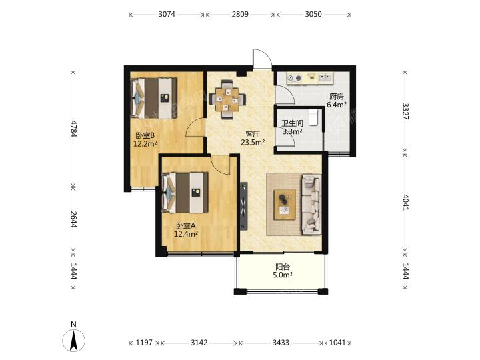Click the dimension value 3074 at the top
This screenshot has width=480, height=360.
(167, 14)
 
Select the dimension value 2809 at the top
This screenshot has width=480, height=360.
(240, 14)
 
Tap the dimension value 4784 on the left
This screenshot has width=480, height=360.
(73, 128)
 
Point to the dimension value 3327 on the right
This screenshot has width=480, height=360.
(405, 111)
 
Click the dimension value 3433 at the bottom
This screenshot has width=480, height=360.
(281, 342)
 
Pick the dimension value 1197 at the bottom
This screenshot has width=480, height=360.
(144, 342)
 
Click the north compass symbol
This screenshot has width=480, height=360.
(73, 337)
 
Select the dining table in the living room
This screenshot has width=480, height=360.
(227, 99)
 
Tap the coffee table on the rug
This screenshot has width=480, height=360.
(285, 205)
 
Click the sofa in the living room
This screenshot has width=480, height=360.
(311, 204)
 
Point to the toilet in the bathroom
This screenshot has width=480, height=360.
(313, 117)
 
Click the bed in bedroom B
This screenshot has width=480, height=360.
(154, 98)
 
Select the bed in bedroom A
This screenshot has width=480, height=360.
(185, 193)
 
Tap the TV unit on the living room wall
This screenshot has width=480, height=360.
(244, 206)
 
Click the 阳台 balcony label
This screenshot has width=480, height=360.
(283, 267)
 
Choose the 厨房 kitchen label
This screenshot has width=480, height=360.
(337, 97)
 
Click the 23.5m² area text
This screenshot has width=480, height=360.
(253, 142)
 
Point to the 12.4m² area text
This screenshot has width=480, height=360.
(186, 234)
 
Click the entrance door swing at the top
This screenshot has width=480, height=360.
(263, 59)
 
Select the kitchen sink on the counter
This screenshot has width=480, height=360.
(325, 78)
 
